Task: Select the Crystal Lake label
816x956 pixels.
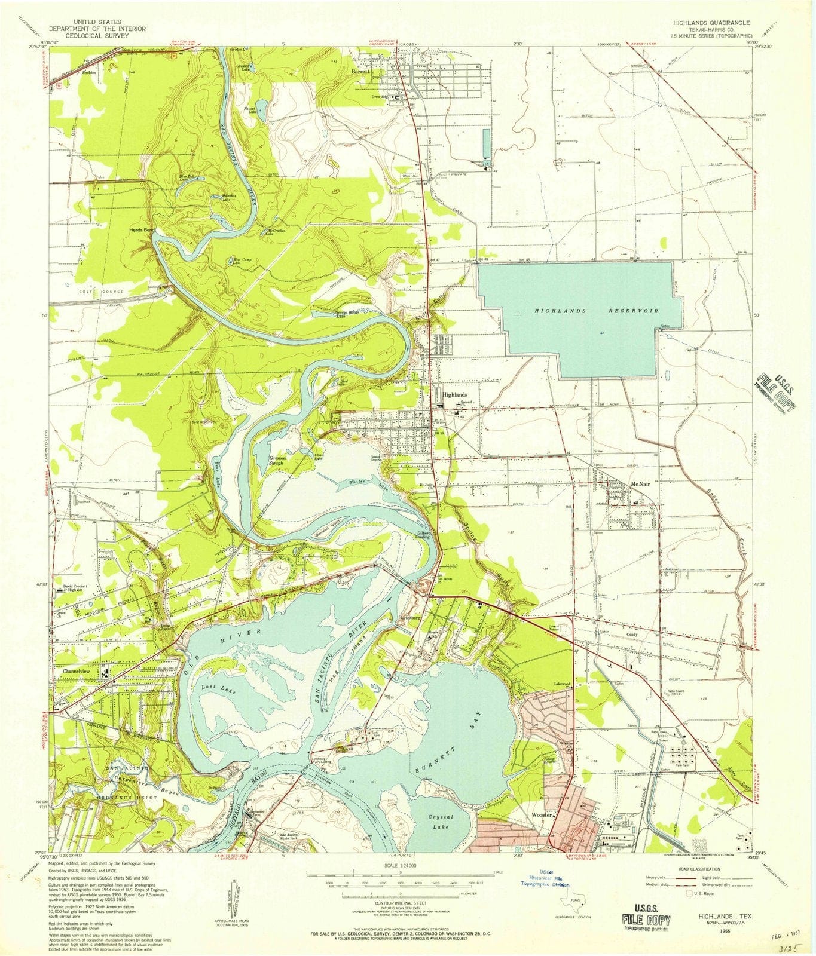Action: [441, 822]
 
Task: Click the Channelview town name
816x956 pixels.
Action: [80, 671]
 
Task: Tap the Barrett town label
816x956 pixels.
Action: [361, 71]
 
